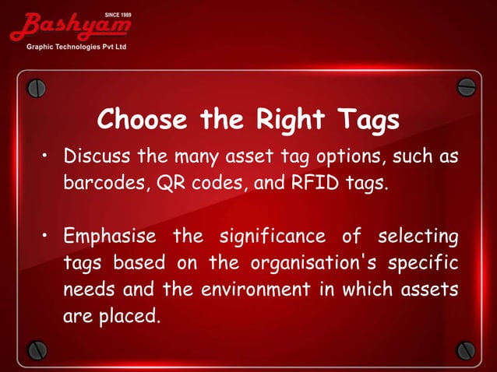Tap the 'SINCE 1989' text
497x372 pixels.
[x=117, y=15]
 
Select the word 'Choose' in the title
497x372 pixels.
[x=143, y=121]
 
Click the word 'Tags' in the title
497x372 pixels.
[x=368, y=121]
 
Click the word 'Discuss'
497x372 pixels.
[x=97, y=157]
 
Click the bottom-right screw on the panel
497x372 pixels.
[x=465, y=349]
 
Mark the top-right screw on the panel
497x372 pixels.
[x=466, y=86]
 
